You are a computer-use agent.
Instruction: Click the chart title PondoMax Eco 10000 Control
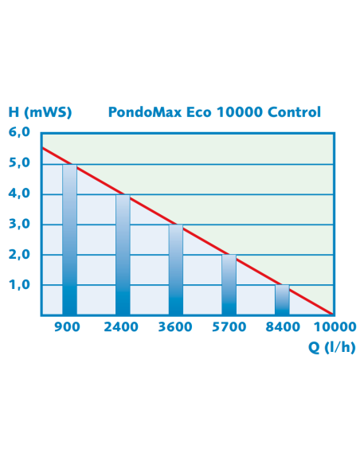[213, 112]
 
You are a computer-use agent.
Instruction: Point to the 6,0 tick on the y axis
[19, 133]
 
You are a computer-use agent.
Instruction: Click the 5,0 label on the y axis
[19, 163]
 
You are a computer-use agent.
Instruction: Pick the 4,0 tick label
[19, 193]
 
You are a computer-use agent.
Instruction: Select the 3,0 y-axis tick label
[19, 225]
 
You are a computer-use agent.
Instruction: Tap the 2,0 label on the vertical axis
[19, 255]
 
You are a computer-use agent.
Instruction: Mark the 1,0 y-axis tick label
[19, 285]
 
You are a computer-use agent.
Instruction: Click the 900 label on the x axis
[70, 327]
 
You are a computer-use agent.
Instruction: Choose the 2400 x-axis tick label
[123, 327]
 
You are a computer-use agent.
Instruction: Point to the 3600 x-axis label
[175, 327]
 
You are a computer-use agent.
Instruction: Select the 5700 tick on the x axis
[229, 327]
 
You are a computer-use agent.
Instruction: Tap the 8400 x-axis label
[282, 327]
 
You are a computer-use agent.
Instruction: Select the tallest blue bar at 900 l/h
[70, 240]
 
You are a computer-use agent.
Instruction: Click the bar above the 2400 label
[123, 255]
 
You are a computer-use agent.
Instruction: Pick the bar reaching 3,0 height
[175, 270]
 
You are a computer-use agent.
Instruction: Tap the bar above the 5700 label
[229, 285]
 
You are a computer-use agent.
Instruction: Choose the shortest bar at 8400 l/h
[282, 300]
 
